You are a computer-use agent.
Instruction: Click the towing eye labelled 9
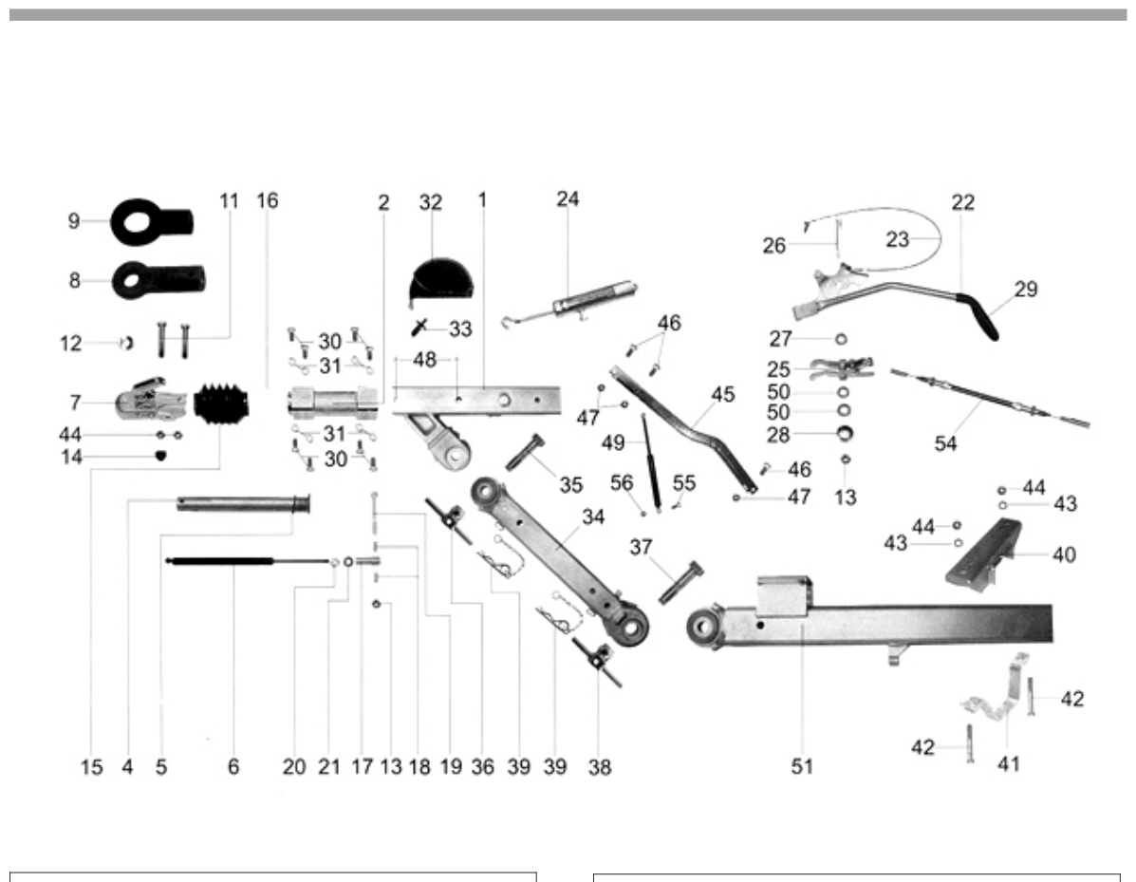point(152,221)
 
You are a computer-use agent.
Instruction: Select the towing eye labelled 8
point(158,280)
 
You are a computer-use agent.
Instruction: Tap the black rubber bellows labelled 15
point(222,404)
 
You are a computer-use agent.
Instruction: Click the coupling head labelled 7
point(150,400)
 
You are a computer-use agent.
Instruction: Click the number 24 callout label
point(568,198)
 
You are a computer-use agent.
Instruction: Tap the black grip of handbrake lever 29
point(979,316)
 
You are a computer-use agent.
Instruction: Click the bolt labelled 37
point(681,582)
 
